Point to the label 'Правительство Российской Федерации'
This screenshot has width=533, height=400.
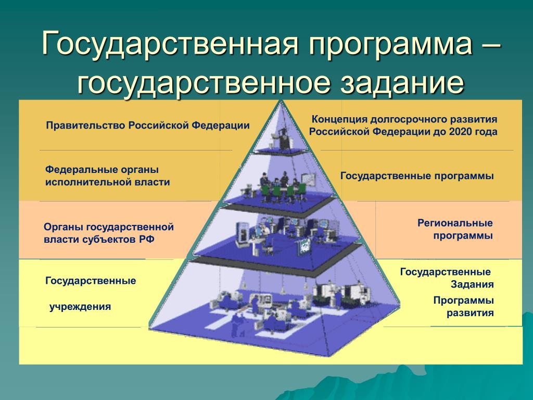147,126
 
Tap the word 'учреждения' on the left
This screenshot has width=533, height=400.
80,306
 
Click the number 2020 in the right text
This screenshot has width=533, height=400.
458,132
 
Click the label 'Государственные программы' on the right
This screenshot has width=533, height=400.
417,176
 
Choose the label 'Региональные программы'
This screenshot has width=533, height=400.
455,229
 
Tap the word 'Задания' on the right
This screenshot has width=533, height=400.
472,285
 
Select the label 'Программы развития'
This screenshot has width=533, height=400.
463,307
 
